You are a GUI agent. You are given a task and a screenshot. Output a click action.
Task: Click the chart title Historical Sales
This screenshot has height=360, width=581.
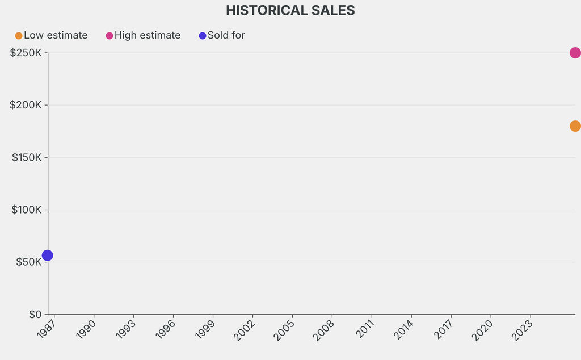point(290,10)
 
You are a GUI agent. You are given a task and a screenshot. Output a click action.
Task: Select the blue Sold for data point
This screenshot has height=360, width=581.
point(48,256)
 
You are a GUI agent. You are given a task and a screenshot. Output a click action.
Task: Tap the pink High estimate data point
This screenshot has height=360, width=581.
point(575,53)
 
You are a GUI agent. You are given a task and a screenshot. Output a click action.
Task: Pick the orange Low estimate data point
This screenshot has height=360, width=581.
point(575,126)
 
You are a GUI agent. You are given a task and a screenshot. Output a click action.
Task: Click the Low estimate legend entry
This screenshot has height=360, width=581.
point(52,35)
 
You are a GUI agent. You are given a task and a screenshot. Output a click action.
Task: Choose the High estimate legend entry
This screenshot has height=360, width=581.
point(143,35)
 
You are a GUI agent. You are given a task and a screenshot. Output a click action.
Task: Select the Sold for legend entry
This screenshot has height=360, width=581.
point(222,35)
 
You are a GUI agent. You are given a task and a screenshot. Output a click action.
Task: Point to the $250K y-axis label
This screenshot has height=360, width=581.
point(26,53)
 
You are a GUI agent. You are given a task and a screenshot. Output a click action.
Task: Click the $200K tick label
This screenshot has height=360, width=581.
point(26,105)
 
